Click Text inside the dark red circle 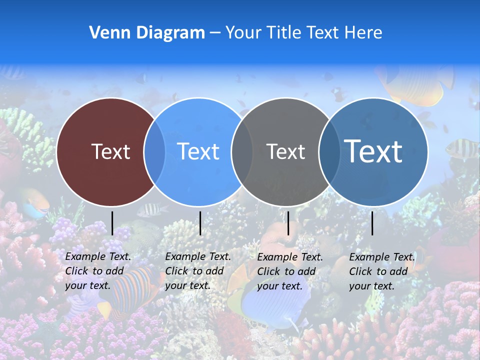[x=110, y=151]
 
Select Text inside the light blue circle [x=198, y=151]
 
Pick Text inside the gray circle [x=285, y=151]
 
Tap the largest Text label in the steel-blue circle [x=373, y=151]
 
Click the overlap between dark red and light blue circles [x=154, y=152]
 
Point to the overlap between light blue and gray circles [x=242, y=152]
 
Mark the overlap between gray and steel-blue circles [x=329, y=152]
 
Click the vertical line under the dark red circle [x=112, y=223]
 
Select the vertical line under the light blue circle [x=200, y=223]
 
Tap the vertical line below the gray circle [x=288, y=223]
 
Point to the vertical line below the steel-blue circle [x=372, y=223]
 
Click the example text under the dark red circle [x=98, y=271]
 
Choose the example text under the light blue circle [x=198, y=271]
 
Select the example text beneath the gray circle [x=290, y=271]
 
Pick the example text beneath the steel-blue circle [x=382, y=271]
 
